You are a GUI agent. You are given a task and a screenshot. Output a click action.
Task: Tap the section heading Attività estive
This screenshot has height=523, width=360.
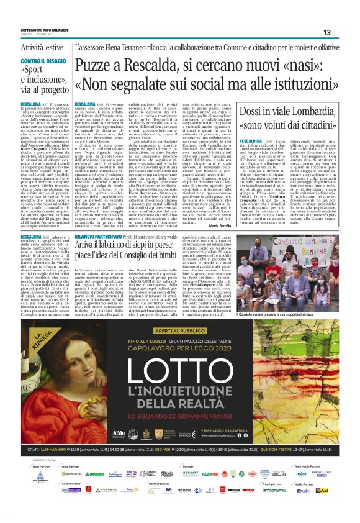[x=42, y=47]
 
